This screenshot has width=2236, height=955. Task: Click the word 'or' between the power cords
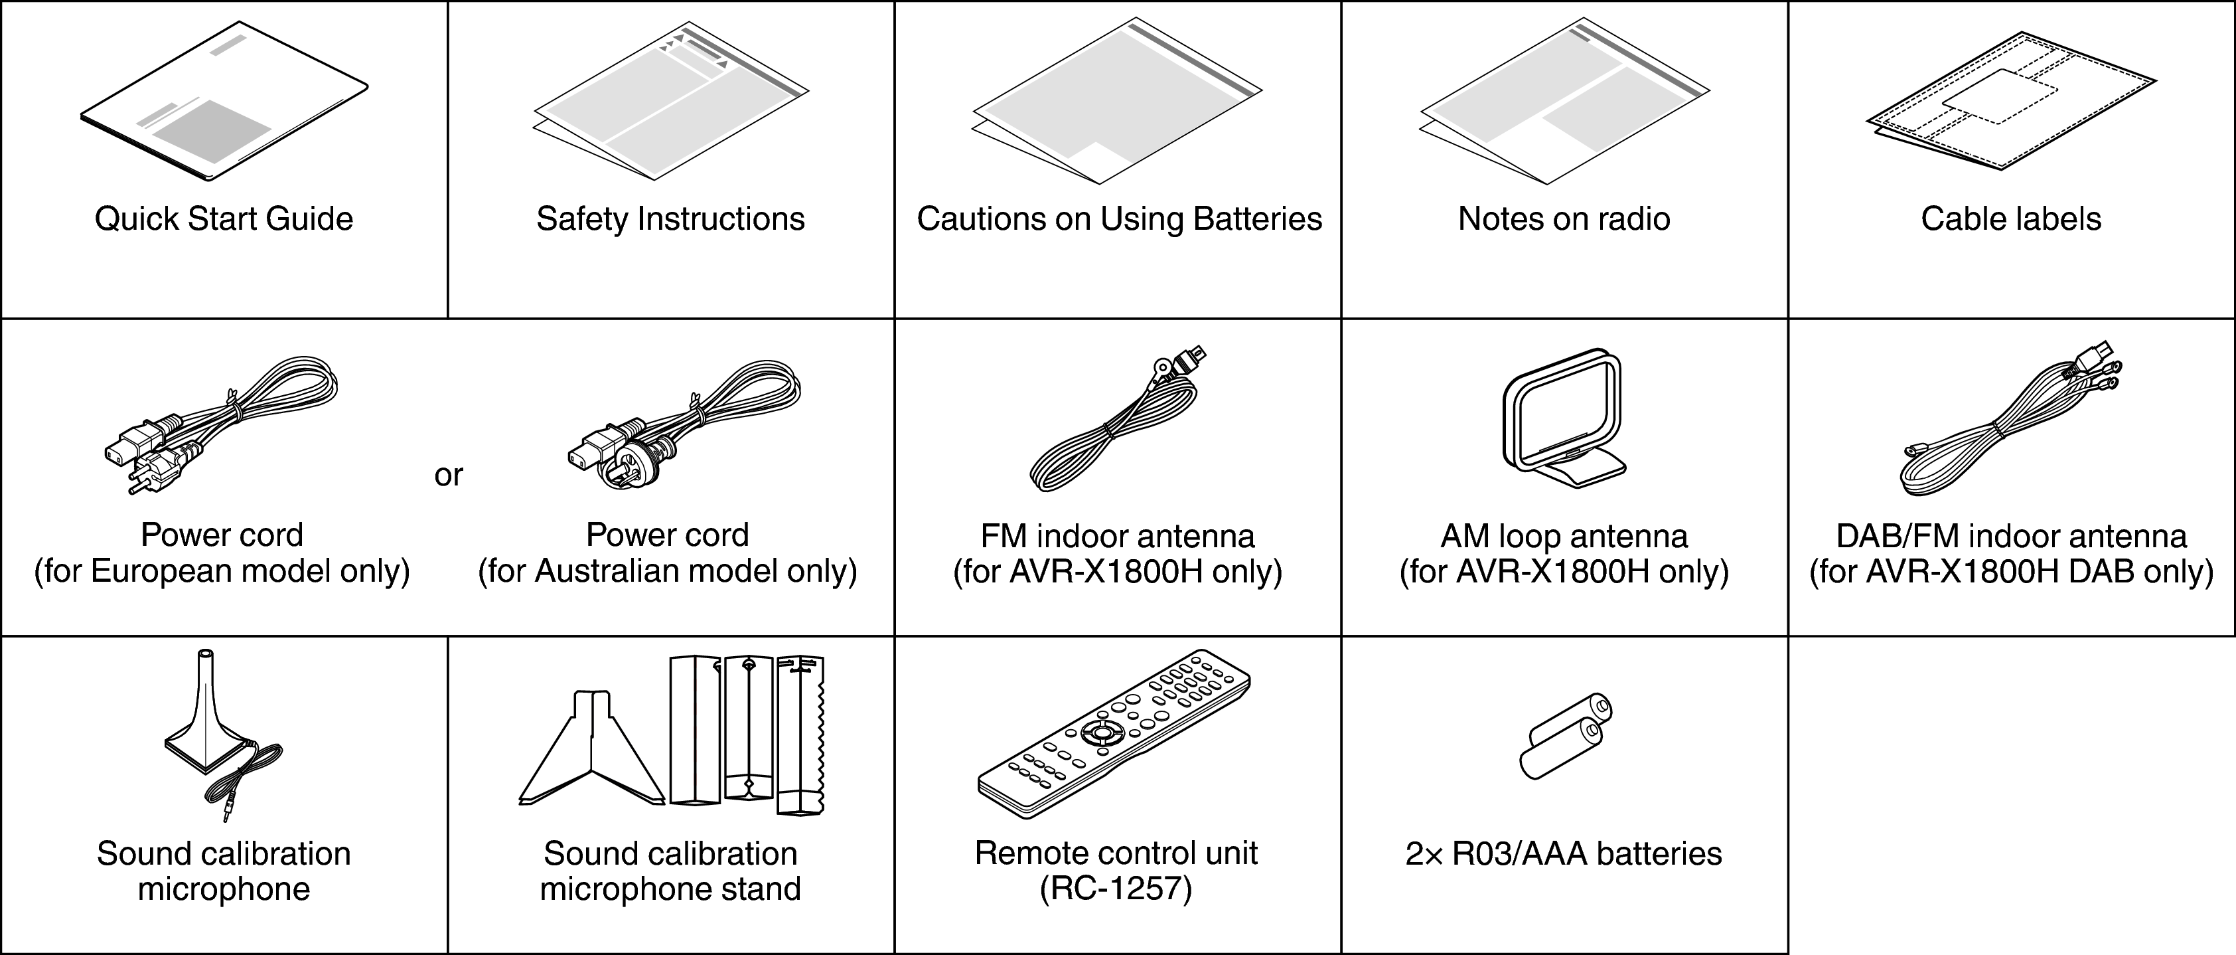click(x=449, y=475)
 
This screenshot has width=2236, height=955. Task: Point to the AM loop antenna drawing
click(x=1562, y=416)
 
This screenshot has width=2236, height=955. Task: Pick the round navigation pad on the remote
click(x=1100, y=732)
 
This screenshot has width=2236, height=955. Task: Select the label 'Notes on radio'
click(x=1563, y=218)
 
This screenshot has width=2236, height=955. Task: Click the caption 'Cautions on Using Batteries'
click(x=1119, y=218)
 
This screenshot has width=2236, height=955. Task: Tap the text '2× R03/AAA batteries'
click(x=1563, y=853)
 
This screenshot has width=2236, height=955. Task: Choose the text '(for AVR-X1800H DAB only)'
click(x=2010, y=572)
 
